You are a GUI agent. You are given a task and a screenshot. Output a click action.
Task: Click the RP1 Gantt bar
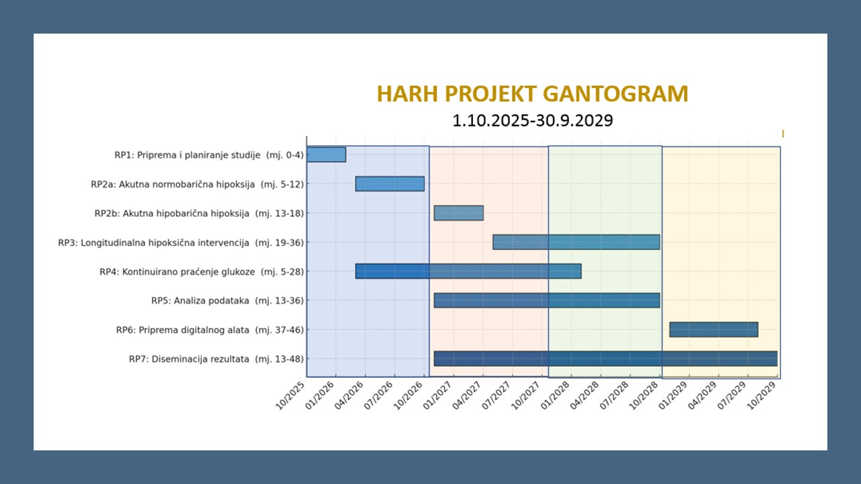click(326, 155)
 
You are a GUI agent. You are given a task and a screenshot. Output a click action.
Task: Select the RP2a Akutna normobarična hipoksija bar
click(389, 184)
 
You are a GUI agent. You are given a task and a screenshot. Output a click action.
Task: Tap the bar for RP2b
click(459, 213)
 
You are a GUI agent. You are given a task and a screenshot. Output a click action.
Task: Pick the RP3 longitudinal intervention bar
click(576, 242)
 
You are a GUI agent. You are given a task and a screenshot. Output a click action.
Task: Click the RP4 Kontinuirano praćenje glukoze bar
click(468, 271)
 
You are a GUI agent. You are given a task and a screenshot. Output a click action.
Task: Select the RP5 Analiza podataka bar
click(547, 300)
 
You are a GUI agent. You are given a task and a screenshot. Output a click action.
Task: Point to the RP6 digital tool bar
click(714, 329)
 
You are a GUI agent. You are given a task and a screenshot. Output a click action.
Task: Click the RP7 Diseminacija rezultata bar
click(605, 358)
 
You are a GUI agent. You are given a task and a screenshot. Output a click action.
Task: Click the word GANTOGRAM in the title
click(615, 93)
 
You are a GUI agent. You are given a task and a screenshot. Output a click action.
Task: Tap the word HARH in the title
click(408, 93)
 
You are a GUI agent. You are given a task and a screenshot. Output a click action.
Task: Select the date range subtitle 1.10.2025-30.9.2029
click(532, 120)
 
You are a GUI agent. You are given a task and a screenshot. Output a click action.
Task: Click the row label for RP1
click(209, 155)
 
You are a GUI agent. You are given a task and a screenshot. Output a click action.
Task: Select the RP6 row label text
click(210, 330)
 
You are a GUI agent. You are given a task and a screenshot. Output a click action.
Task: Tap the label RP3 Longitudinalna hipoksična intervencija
click(181, 243)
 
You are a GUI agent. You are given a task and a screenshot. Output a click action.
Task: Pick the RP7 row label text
click(217, 359)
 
